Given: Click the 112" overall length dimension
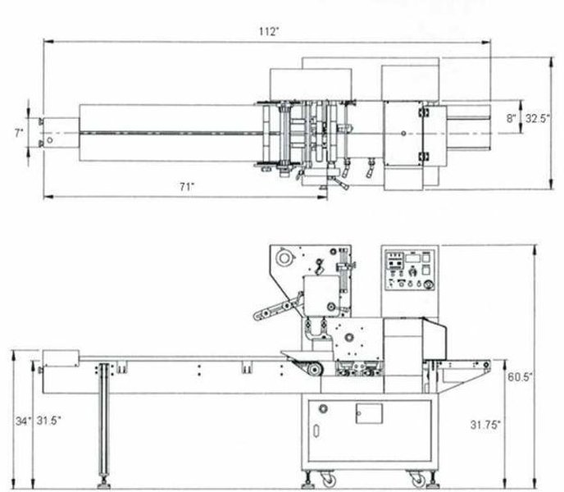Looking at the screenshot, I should (268, 31).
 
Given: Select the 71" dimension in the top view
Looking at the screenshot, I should (186, 187).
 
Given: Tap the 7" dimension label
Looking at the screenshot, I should (19, 131).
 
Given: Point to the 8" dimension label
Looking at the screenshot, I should (511, 118).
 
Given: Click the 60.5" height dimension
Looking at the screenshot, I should (520, 376).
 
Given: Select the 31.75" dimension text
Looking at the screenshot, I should (486, 424).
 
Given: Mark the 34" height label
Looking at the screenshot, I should (24, 421).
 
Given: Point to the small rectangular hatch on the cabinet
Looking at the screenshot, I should (369, 414).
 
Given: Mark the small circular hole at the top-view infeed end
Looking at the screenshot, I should (51, 140).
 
